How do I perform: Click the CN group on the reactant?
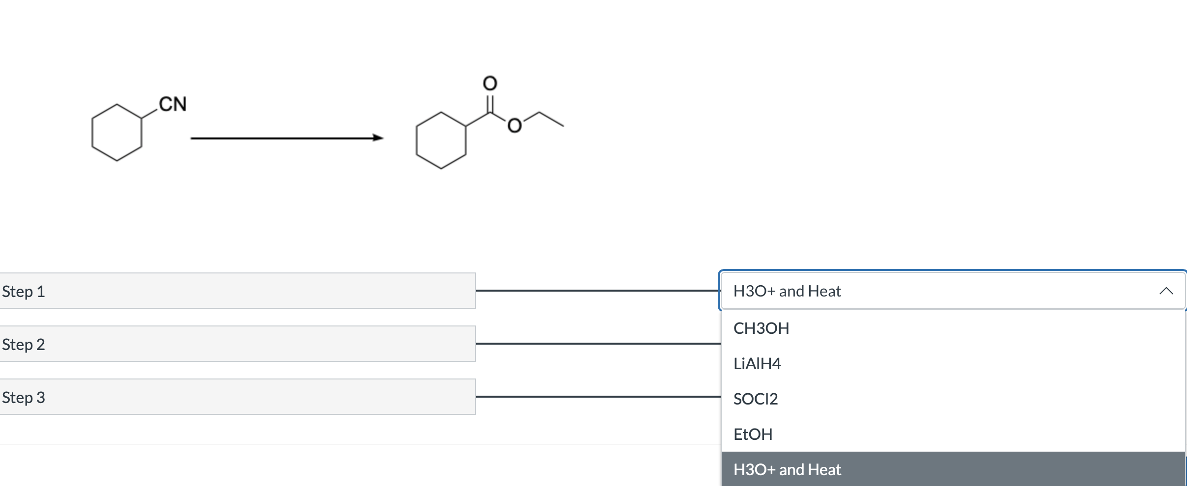172,104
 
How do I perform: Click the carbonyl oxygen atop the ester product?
490,83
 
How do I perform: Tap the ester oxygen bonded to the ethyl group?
514,126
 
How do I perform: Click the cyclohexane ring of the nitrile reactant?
117,133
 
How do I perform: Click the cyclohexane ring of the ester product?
441,140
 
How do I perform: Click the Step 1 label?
24,292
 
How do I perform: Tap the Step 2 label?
24,345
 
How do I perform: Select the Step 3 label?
24,398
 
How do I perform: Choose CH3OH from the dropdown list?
761,328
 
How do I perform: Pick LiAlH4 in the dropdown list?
757,364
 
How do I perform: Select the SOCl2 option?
756,399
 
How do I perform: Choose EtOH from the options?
753,434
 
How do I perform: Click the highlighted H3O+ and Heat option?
787,470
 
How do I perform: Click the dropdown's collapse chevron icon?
1166,291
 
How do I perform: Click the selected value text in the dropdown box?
787,291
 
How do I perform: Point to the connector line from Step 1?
597,291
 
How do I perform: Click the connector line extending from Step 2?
597,344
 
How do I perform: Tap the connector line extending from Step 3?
597,397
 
